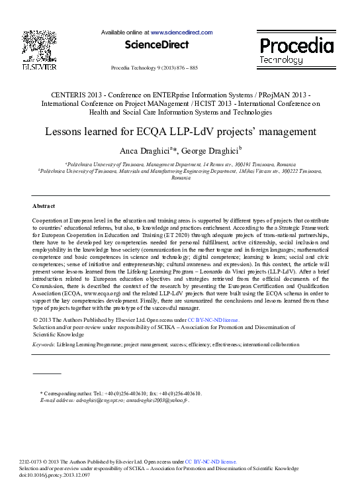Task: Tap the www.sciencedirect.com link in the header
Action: (x=181, y=32)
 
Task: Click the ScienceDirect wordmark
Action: (x=157, y=44)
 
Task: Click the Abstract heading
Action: (x=44, y=206)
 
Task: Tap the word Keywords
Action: (x=44, y=345)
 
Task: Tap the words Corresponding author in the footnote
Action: (x=65, y=393)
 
